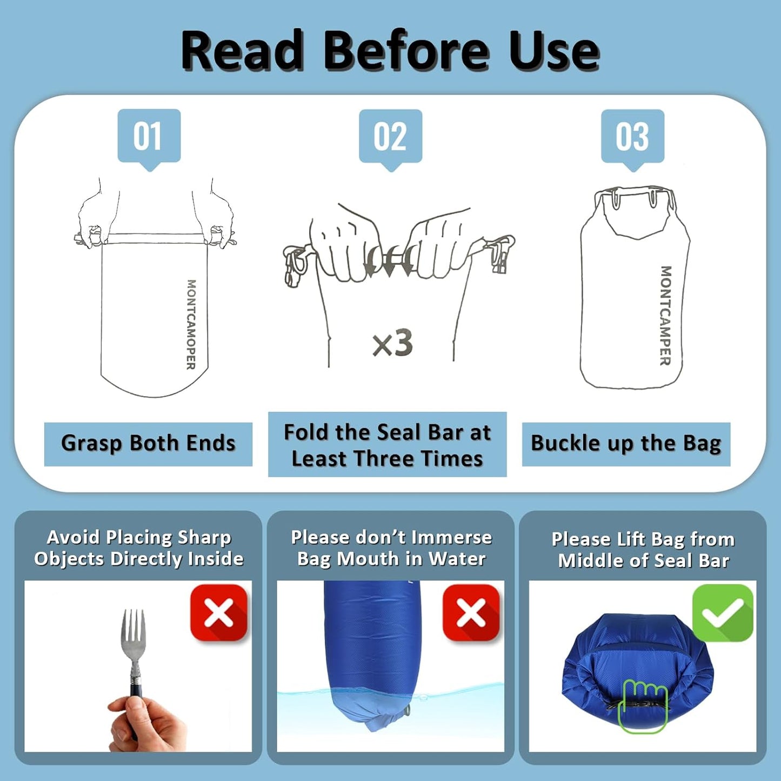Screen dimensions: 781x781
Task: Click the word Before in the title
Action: coord(405,52)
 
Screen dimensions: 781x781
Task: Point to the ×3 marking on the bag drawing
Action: coord(392,343)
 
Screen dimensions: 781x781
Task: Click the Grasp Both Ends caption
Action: coord(148,444)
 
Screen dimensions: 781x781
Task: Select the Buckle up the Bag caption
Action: coord(626,444)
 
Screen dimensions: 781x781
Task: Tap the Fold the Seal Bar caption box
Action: coord(388,444)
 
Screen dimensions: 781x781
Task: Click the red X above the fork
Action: coord(219,612)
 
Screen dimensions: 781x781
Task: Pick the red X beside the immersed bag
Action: coord(471,612)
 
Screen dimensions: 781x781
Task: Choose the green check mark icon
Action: coord(723,612)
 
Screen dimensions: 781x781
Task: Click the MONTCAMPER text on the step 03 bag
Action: coord(665,316)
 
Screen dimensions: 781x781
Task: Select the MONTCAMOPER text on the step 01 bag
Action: coord(191,324)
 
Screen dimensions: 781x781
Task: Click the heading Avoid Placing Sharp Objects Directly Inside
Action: coord(139,548)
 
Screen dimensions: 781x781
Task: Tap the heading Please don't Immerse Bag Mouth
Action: coord(391,548)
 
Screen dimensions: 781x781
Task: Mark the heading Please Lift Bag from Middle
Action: coord(643,550)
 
